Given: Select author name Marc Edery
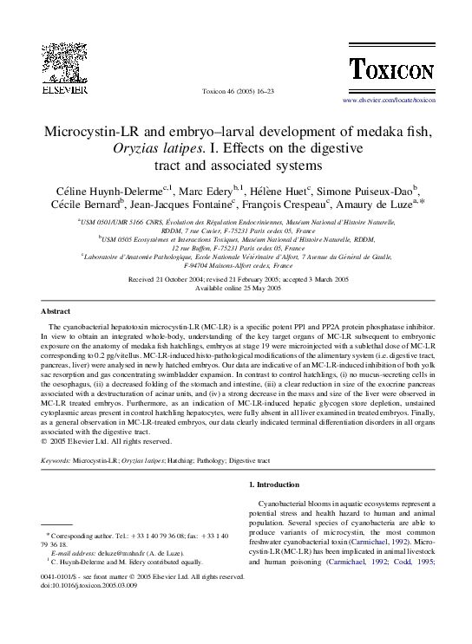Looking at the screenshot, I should (x=213, y=190).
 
